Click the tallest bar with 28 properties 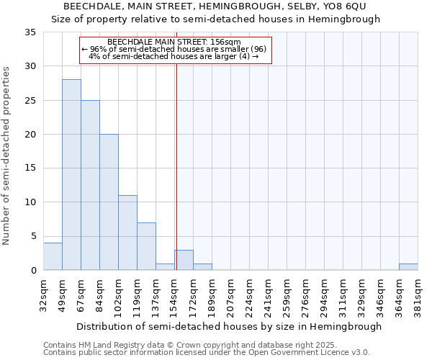(71, 175)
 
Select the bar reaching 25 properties (90, 185)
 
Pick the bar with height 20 (109, 202)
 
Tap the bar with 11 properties (127, 233)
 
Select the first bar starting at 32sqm (53, 256)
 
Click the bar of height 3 (184, 260)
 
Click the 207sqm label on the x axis (230, 293)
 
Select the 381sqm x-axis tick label (418, 293)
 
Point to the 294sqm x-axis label (324, 293)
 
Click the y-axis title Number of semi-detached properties (7, 156)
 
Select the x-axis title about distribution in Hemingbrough (228, 326)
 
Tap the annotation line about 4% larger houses (174, 55)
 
